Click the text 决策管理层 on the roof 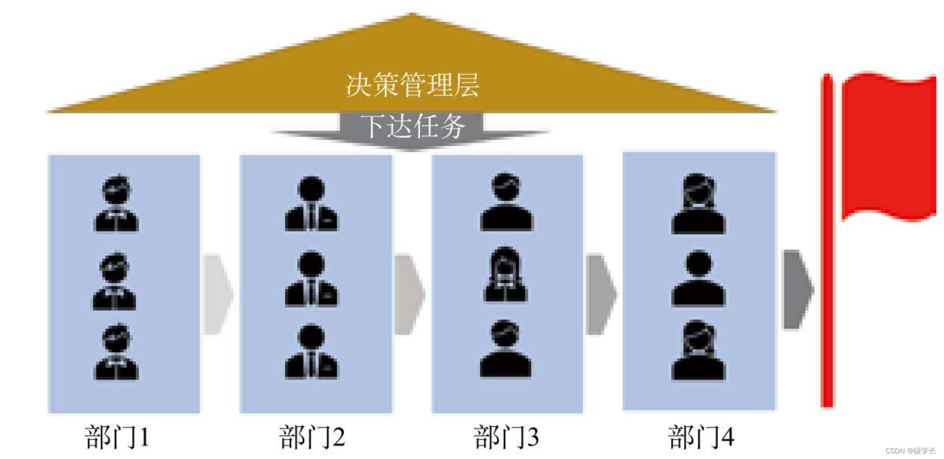click(412, 85)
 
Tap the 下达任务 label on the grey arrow click(412, 126)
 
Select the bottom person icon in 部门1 click(116, 352)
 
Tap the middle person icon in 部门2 click(311, 279)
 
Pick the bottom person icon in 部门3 click(506, 349)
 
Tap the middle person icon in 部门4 click(699, 278)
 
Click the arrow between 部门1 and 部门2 click(217, 294)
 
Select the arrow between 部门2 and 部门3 click(409, 294)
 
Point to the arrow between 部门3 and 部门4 click(600, 294)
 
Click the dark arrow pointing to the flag click(797, 289)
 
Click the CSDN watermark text click(910, 451)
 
